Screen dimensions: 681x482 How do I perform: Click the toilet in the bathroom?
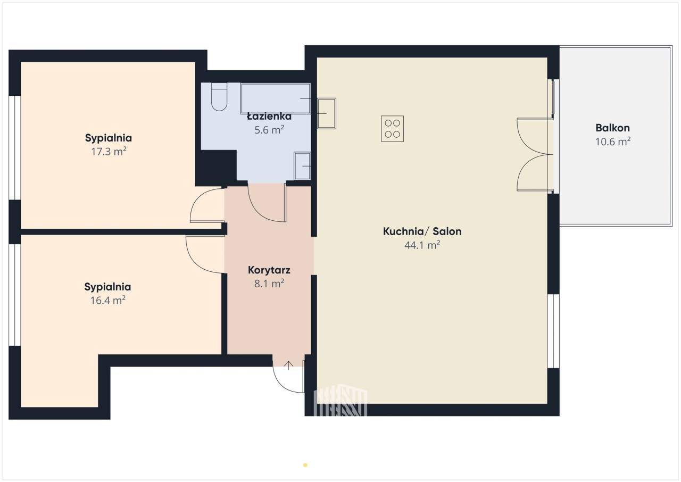(x=219, y=97)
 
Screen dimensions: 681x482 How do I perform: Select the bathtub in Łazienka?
(x=276, y=98)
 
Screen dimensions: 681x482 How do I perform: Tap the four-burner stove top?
(x=392, y=129)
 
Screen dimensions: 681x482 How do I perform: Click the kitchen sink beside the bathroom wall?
(x=327, y=113)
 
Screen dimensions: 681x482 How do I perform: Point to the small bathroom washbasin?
(x=302, y=166)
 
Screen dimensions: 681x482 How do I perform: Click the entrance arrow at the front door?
(x=288, y=365)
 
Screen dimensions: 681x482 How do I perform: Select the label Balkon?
(x=612, y=128)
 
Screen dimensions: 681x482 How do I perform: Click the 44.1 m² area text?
(x=422, y=245)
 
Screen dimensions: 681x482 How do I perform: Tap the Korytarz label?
(x=269, y=270)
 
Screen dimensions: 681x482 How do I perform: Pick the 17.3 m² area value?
(x=109, y=151)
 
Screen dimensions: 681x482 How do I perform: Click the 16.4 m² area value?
(x=108, y=300)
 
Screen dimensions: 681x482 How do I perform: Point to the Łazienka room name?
(x=269, y=116)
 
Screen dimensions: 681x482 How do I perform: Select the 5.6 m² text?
(x=269, y=130)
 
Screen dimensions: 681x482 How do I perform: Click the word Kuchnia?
(x=403, y=231)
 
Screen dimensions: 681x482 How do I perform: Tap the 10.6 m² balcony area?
(x=613, y=142)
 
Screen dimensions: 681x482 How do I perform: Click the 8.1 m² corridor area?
(x=269, y=284)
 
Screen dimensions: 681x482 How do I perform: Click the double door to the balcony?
(x=535, y=154)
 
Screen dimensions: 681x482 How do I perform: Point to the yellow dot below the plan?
(x=305, y=465)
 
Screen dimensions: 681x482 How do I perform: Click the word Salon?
(x=447, y=231)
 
